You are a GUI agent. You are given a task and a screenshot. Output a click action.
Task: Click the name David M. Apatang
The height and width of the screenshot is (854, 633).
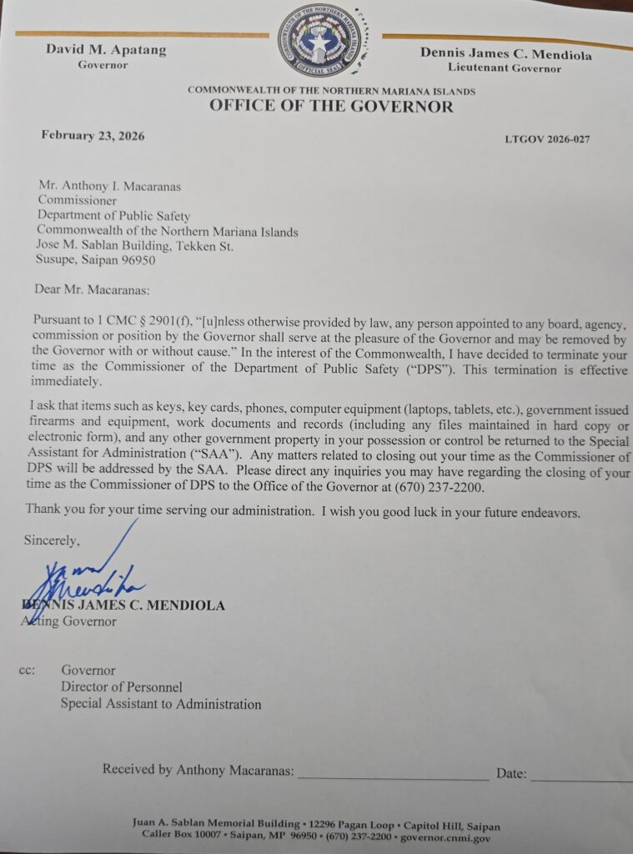click(106, 50)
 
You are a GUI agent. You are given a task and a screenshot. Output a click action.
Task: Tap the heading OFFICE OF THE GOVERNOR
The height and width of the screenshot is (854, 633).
click(331, 107)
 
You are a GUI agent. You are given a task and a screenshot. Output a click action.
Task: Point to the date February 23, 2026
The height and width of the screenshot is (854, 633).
click(93, 136)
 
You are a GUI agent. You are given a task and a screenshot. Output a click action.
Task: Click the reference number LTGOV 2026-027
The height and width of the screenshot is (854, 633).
click(547, 139)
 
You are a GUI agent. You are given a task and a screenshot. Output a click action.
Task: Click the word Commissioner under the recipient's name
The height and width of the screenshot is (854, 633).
click(78, 201)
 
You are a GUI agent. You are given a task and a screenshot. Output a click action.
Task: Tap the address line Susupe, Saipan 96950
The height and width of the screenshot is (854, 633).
click(96, 260)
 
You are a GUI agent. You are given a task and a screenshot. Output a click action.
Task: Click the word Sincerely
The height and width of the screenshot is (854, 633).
click(52, 540)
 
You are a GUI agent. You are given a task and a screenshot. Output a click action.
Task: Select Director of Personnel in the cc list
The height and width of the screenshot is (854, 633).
click(121, 687)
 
